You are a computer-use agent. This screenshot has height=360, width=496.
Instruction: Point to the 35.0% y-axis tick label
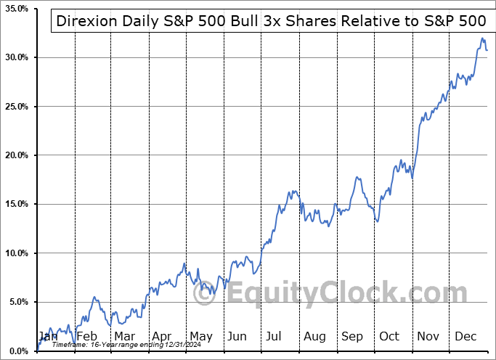tap(15, 9)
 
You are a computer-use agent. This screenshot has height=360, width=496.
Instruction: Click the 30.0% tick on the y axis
tap(15, 57)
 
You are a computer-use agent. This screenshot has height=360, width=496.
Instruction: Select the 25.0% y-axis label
tap(15, 107)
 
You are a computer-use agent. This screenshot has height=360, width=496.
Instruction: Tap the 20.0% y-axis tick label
tap(15, 155)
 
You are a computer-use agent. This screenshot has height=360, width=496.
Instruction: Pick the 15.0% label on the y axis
tap(15, 204)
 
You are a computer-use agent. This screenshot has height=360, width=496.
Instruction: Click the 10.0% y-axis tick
tap(15, 253)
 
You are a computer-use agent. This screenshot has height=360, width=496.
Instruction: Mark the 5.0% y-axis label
tap(17, 302)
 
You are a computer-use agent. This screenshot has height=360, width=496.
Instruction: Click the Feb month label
tap(86, 337)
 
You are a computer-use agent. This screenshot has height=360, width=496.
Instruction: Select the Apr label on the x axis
tap(163, 337)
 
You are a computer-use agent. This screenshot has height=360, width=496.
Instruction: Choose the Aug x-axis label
tap(314, 337)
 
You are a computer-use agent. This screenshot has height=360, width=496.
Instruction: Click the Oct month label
tap(390, 337)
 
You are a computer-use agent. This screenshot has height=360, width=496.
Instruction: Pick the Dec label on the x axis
tap(466, 337)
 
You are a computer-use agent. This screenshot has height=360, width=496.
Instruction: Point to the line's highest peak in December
tap(482, 38)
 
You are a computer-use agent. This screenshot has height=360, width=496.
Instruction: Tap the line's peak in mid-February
tap(94, 297)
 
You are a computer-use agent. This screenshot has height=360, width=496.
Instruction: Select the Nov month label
tap(428, 337)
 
